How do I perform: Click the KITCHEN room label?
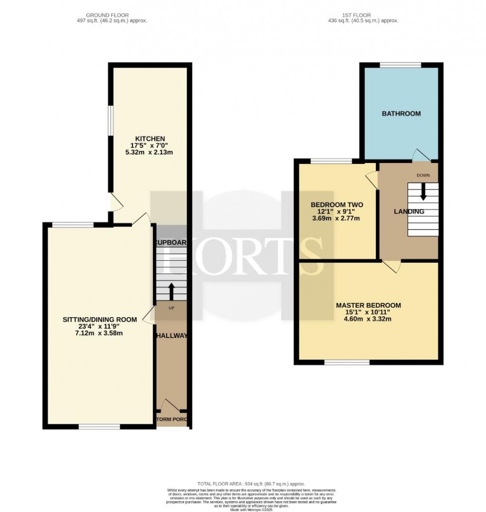coord(151,138)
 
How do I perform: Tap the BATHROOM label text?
coord(401,114)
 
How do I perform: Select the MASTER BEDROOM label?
coord(368,305)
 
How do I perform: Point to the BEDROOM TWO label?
coord(337,205)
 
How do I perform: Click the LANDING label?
coord(409,212)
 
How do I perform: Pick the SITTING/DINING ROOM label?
coord(100,320)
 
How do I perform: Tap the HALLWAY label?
coord(172,336)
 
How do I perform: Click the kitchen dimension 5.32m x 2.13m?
coord(151,152)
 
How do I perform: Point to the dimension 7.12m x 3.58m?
coord(100,333)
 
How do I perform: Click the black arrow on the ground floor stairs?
coord(172,291)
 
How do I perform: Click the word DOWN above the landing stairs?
coord(423,175)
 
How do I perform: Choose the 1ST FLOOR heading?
coord(364,15)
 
